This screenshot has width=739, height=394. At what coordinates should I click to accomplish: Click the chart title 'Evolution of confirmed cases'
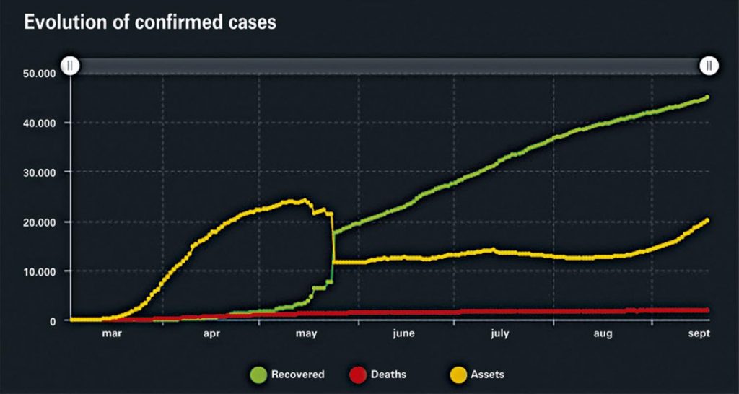150,22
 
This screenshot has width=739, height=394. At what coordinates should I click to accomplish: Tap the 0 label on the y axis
53,321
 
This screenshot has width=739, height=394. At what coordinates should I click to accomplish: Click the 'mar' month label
111,334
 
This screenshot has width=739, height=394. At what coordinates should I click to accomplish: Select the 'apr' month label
211,334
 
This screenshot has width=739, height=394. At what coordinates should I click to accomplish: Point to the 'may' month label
307,334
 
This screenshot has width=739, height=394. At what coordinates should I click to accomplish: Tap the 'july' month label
500,334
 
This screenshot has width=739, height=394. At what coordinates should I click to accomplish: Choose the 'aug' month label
603,334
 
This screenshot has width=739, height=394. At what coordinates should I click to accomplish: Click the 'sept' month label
699,334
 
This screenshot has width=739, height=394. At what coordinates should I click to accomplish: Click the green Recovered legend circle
258,375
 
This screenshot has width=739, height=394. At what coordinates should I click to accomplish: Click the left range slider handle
70,66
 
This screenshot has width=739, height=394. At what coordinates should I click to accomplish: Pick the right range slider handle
709,66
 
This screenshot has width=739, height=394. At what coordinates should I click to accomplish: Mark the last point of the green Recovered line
707,97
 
